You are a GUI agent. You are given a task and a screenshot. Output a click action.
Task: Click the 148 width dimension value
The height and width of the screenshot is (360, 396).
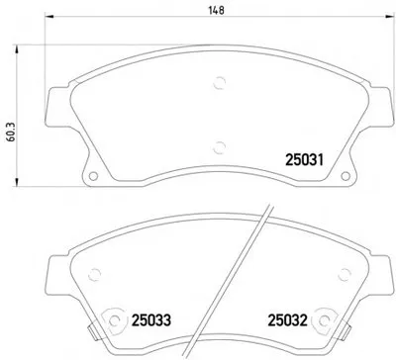coord(217,11)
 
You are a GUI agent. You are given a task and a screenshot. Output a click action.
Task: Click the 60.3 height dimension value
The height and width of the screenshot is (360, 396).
coord(11,133)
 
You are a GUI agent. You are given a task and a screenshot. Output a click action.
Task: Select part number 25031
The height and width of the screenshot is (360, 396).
coord(305,160)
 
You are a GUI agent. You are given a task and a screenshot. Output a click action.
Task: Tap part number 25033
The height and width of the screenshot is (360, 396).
coord(151,320)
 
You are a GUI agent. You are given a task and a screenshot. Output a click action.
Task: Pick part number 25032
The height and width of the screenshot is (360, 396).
coord(287,320)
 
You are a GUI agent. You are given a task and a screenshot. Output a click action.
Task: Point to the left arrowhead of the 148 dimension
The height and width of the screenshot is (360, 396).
coord(49,16)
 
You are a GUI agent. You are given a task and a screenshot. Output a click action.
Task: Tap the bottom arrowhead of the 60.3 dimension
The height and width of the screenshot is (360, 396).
coord(16,182)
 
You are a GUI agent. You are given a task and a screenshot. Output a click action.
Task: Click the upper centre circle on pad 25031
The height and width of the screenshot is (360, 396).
coord(219,83)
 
